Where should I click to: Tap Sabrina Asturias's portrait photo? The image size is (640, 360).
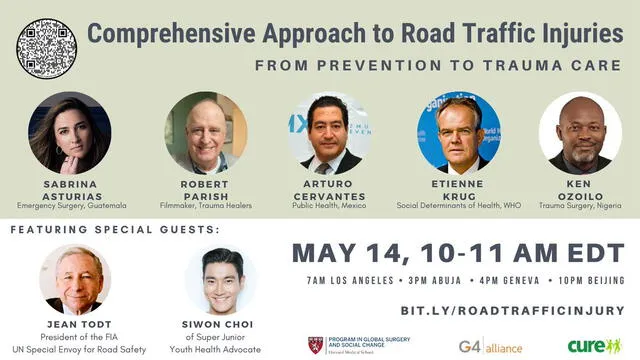coord(69,133)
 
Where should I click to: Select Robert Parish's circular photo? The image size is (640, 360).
coord(206,133)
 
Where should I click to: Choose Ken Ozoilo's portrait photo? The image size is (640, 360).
coord(580,133)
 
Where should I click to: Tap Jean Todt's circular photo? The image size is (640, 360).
coord(75,280)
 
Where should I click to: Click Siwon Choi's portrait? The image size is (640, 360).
coord(221,280)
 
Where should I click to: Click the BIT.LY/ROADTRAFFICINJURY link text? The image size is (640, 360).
coord(512,310)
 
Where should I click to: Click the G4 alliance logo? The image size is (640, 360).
coord(490,346)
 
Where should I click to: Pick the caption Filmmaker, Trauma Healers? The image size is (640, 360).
coord(206,206)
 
